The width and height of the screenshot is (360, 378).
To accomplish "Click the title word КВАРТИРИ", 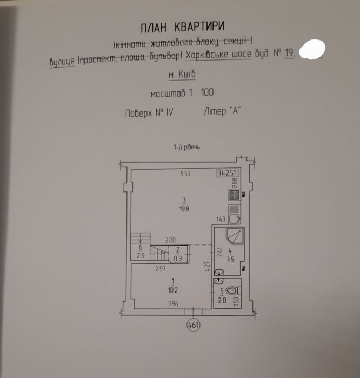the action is tap(199, 26).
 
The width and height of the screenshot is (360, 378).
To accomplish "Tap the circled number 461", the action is tap(194, 325).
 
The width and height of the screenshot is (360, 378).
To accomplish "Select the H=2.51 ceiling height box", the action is tap(228, 173).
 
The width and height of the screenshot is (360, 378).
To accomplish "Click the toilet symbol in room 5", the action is tap(233, 290).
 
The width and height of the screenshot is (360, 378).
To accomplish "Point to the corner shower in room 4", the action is tap(235, 236).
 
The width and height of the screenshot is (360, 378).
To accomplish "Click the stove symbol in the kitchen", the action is tap(234, 195).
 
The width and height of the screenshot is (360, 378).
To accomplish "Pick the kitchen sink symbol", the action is tap(234, 214).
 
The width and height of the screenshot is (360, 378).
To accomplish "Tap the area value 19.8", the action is tap(184, 209).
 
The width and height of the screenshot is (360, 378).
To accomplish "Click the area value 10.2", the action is tap(173, 290).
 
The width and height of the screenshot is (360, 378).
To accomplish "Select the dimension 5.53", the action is tap(185, 174).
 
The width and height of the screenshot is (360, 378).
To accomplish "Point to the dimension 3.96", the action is tap(174, 303).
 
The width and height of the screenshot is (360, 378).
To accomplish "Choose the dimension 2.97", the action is tap(161, 269).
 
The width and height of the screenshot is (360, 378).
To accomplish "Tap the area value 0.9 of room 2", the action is tap(178, 258).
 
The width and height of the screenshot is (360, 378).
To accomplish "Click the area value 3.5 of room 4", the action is tap(230, 260).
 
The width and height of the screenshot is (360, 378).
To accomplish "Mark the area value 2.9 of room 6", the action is tap(141, 256).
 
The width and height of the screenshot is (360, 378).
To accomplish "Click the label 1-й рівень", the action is tap(186, 147).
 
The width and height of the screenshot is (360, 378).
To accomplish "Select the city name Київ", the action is tap(186, 74).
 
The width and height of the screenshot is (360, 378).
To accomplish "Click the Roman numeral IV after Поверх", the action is tap(169, 112).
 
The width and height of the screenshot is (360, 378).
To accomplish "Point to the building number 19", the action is tap(290, 54).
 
